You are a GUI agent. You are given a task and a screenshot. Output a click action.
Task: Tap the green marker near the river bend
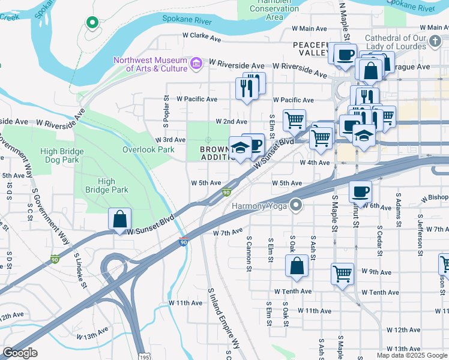pyautogui.click(x=92, y=23)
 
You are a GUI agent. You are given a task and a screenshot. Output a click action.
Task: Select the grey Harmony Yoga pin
pyautogui.click(x=295, y=206)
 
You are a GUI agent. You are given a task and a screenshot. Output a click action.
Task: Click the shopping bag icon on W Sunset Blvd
pyautogui.click(x=120, y=219)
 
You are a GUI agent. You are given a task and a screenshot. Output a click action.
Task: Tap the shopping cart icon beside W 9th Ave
pyautogui.click(x=342, y=274)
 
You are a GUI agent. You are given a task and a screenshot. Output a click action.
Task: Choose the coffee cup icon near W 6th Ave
pyautogui.click(x=360, y=191)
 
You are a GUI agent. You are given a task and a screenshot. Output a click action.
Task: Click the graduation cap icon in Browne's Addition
pyautogui.click(x=240, y=148)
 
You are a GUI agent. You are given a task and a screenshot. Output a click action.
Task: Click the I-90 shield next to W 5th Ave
pyautogui.click(x=226, y=193)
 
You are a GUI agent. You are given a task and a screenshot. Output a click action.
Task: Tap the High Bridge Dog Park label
pyautogui.click(x=61, y=156)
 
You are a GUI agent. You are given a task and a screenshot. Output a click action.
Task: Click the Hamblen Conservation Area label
pyautogui.click(x=274, y=10)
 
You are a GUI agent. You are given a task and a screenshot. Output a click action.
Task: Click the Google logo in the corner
pyautogui.click(x=20, y=353)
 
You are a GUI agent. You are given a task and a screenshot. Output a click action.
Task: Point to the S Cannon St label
pyautogui.click(x=249, y=252)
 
